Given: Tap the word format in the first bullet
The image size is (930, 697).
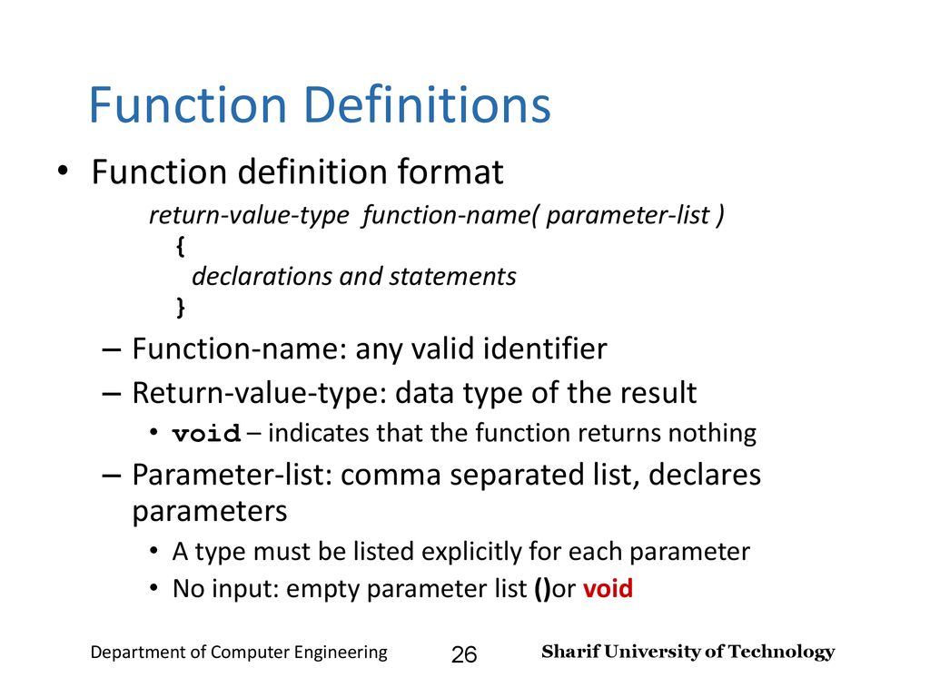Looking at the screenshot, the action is (450, 172).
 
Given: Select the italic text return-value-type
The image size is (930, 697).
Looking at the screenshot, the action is (249, 215).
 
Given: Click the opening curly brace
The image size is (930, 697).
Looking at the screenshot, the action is (181, 246).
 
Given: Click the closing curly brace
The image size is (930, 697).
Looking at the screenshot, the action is (181, 307).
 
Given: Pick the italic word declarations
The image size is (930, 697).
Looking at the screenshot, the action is (262, 276).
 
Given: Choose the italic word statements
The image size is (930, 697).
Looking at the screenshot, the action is (452, 277).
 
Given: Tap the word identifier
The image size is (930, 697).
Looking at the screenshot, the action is (545, 348).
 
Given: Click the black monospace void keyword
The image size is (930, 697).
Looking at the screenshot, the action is (206, 433).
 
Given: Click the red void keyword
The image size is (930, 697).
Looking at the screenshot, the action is (608, 588).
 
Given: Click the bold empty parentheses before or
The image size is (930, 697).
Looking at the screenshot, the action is (542, 589).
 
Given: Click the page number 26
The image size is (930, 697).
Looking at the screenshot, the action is (464, 654).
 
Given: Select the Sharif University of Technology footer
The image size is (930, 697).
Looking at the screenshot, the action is (688, 652).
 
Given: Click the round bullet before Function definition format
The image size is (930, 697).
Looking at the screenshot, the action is (63, 172).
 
